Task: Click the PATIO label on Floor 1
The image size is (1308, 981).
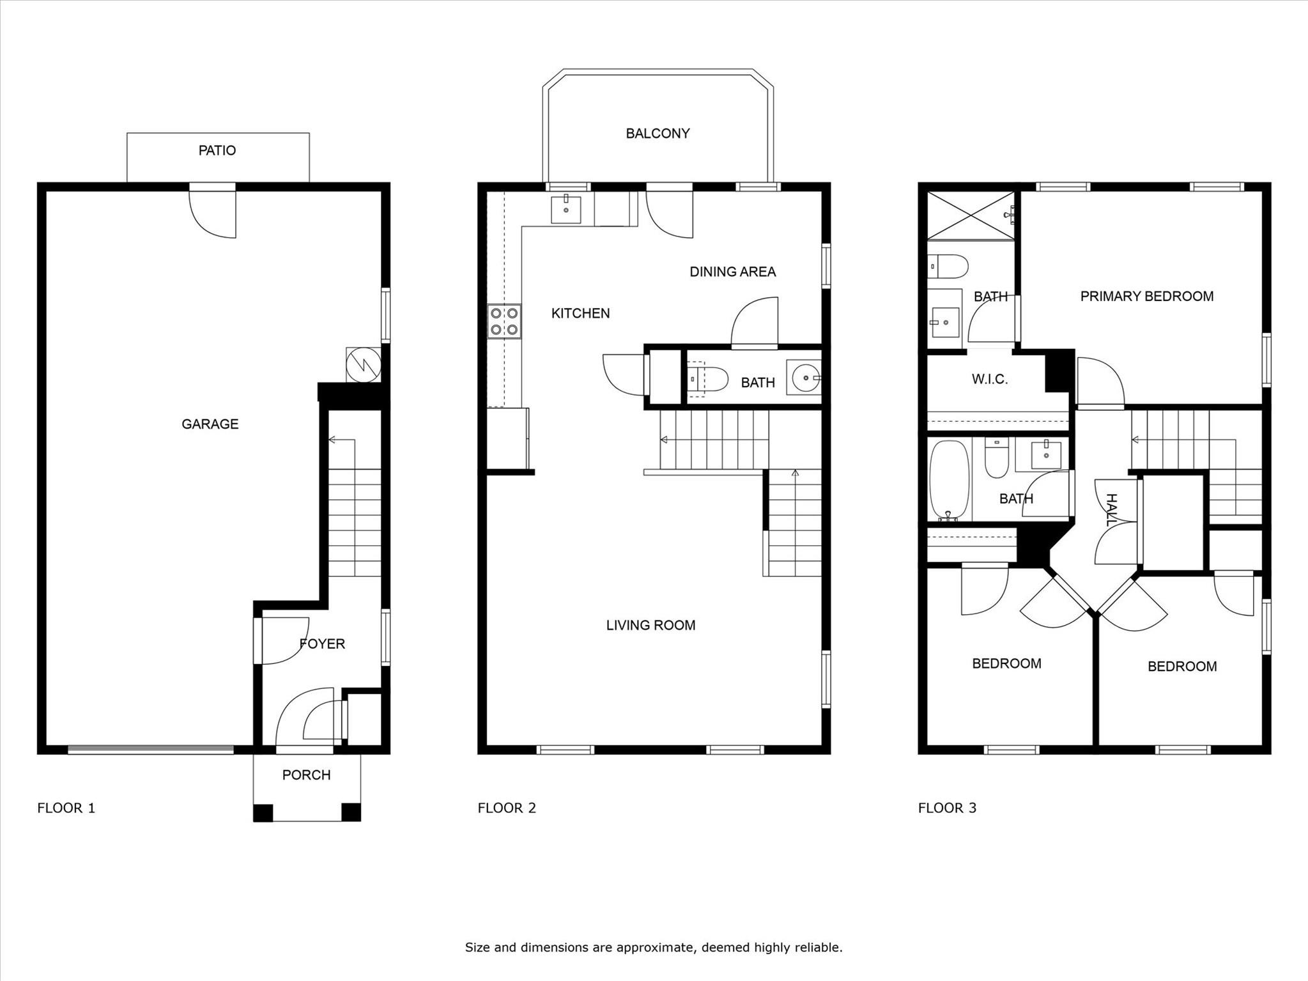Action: [x=217, y=150]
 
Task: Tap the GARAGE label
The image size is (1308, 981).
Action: [x=210, y=424]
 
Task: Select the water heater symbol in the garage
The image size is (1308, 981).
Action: [x=363, y=365]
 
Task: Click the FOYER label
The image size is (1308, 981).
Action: [x=322, y=644]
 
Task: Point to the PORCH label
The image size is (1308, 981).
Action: [x=306, y=775]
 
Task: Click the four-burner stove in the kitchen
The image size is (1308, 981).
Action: [x=504, y=321]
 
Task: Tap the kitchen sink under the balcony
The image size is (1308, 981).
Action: [x=566, y=210]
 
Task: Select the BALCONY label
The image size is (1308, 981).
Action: [x=658, y=134]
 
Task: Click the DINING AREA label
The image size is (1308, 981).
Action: [x=732, y=272]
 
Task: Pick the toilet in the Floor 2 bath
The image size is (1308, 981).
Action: [x=708, y=379]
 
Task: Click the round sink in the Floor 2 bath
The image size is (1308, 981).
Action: [x=804, y=378]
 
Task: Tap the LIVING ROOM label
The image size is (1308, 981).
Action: [x=650, y=625]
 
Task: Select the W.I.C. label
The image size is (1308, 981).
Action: [x=989, y=379]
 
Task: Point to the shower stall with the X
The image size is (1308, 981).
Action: [x=970, y=215]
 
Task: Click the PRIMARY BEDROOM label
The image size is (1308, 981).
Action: [x=1146, y=296]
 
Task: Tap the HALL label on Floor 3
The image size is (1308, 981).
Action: [x=1111, y=510]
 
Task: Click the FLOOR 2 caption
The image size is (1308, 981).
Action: [x=506, y=808]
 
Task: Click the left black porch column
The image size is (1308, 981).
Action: [x=263, y=812]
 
